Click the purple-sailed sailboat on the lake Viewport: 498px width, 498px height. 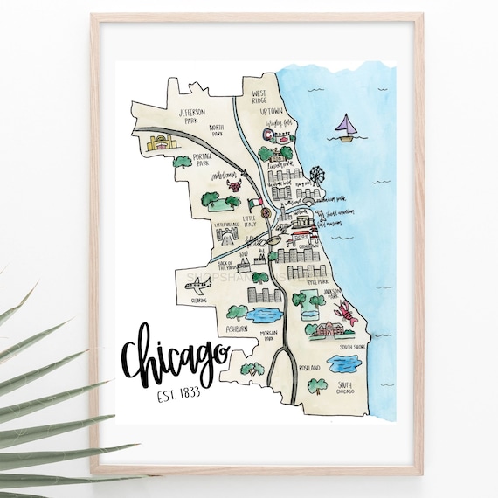pos(345,128)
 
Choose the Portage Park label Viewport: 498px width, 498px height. pos(204,158)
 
